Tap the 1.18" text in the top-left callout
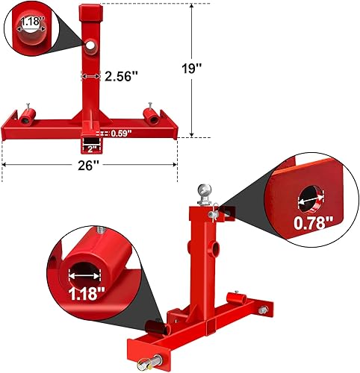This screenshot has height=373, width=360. click(x=30, y=22)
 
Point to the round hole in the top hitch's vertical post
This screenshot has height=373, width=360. click(x=91, y=47)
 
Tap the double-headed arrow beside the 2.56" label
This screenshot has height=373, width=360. click(x=91, y=76)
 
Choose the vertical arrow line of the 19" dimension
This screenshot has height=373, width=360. click(x=193, y=69)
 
